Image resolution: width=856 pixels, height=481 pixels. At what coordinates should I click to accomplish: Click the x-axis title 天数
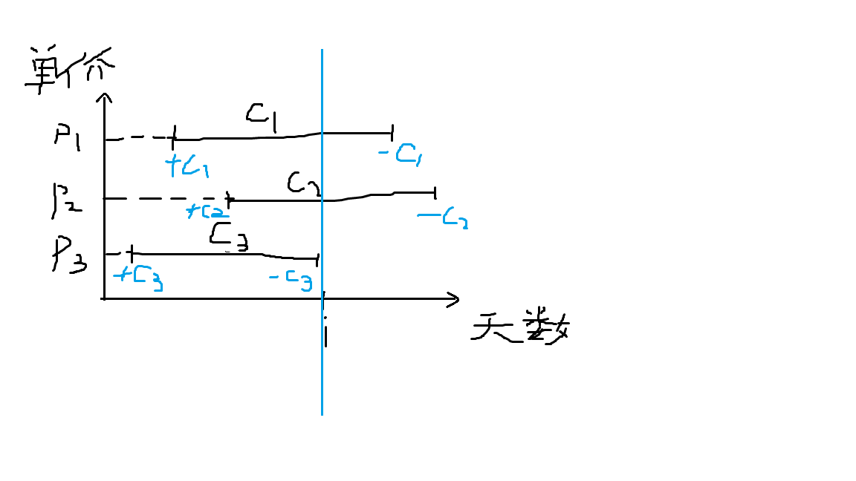[x=521, y=327]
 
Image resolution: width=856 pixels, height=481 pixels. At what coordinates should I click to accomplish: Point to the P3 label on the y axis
[x=69, y=255]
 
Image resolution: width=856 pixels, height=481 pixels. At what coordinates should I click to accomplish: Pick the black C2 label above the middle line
[x=303, y=184]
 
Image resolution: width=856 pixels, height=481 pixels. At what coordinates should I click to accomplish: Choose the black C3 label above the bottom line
[x=229, y=235]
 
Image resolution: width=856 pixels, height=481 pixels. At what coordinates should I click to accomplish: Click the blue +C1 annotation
[x=189, y=166]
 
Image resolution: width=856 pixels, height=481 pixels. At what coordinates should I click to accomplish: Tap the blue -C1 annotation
[x=401, y=154]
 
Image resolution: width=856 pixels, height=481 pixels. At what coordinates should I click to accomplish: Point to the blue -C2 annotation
[x=443, y=219]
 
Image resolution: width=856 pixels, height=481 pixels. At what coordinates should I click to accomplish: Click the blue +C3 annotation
[x=138, y=278]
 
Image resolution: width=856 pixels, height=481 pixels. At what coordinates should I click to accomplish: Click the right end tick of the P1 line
[x=392, y=134]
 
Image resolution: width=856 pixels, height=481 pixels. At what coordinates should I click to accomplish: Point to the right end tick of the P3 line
[x=317, y=258]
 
